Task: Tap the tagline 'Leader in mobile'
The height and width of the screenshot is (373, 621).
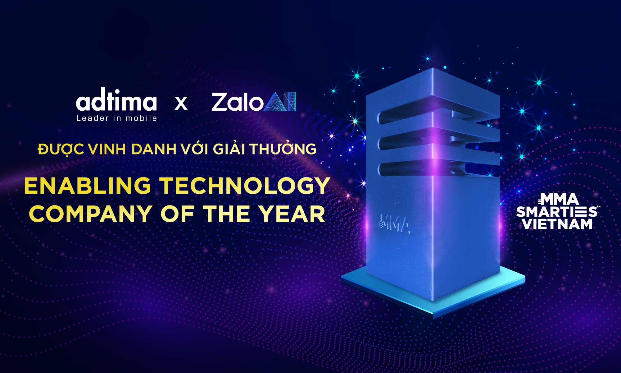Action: (117, 118)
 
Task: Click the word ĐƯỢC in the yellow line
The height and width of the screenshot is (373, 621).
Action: (60, 150)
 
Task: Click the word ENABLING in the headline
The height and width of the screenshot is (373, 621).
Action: (88, 186)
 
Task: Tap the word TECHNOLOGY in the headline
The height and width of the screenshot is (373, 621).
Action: (245, 186)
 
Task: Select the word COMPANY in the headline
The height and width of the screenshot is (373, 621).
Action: (90, 214)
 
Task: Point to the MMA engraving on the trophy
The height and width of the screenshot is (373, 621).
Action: (395, 223)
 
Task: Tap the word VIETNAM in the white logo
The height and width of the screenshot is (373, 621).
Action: (557, 224)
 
